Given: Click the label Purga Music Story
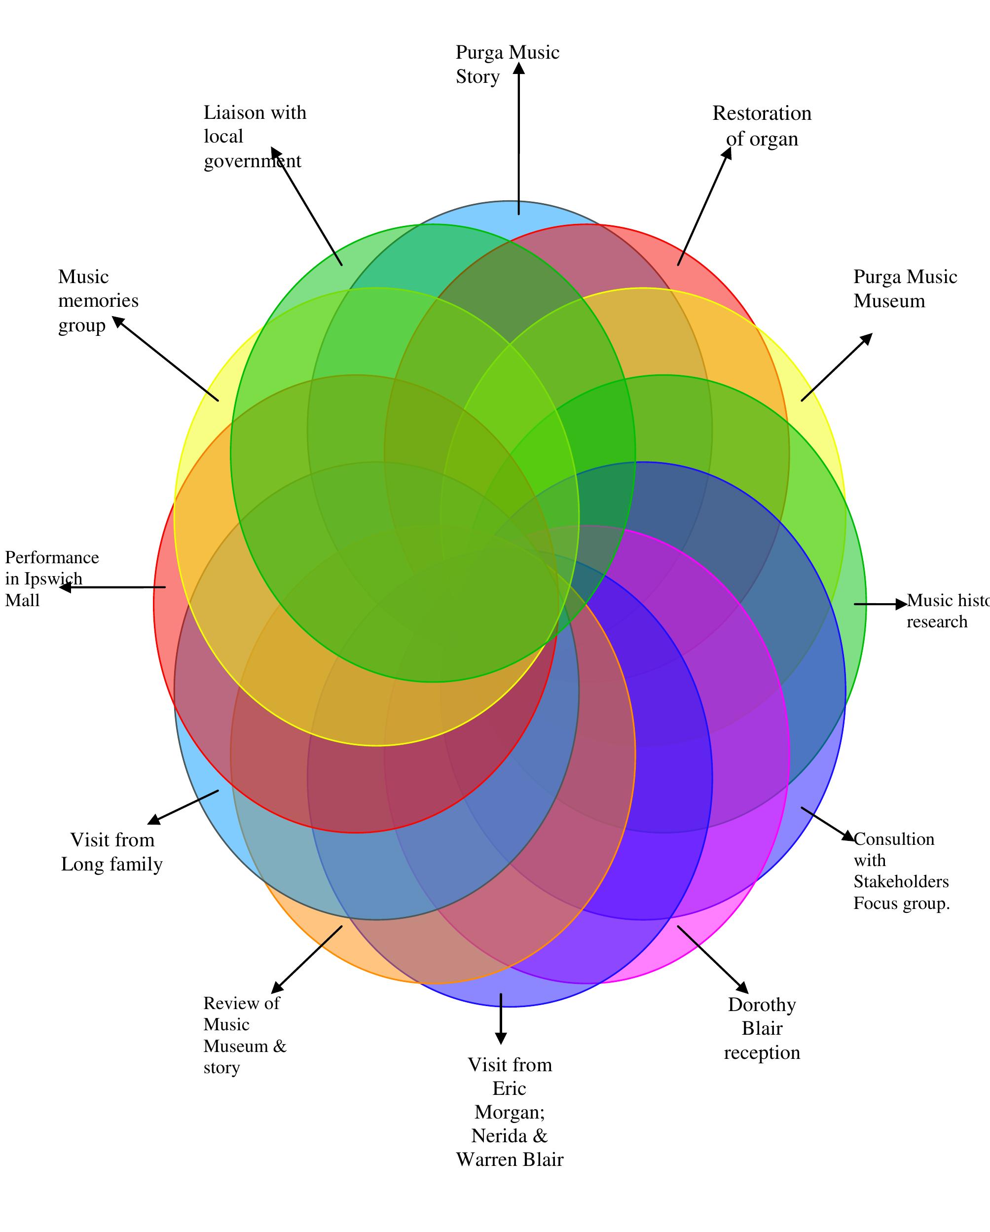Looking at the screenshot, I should coord(507,65).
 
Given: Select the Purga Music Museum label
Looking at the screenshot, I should coord(904,289).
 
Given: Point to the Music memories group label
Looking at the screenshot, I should coord(98,300).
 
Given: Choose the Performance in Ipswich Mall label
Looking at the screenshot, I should coord(51,579).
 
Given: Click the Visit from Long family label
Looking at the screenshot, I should coord(112,851).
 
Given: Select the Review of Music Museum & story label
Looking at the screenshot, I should coord(244,1035).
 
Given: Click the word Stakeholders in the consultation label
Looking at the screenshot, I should coord(901,882).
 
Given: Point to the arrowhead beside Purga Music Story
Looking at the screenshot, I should coord(519,68).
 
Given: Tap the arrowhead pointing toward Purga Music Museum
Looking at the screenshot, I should coord(867,338).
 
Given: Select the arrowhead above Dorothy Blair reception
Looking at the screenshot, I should coord(742,988).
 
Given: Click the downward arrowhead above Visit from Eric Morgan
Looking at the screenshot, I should coord(501,1038).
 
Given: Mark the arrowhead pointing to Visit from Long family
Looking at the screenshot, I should coord(154,820).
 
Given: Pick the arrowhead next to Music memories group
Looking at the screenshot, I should coord(118,322).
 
